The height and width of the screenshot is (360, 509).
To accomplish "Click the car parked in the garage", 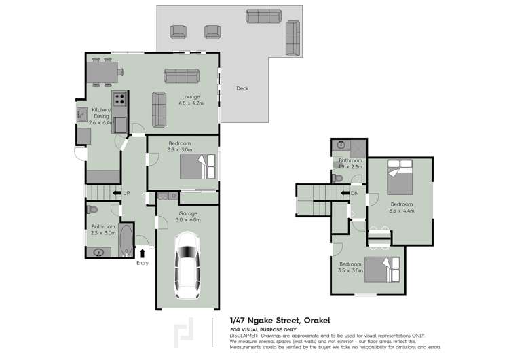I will pos(187,265).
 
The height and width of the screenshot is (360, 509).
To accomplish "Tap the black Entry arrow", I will pos(143,253).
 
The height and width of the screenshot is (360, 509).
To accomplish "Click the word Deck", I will pos(242,88).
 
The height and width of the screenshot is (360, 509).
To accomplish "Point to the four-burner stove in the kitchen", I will pos(120,98).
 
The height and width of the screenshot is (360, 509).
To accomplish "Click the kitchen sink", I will pos(82,113).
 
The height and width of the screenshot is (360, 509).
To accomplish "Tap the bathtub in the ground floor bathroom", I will pos(127,240).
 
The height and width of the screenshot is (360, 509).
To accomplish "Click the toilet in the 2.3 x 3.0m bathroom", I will pos(94,209).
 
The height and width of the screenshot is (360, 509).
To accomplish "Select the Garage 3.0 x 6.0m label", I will pos(189,217).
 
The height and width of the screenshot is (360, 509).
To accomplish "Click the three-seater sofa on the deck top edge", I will pos(265,17).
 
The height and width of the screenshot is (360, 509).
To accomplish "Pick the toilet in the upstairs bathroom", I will pos(338,178).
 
